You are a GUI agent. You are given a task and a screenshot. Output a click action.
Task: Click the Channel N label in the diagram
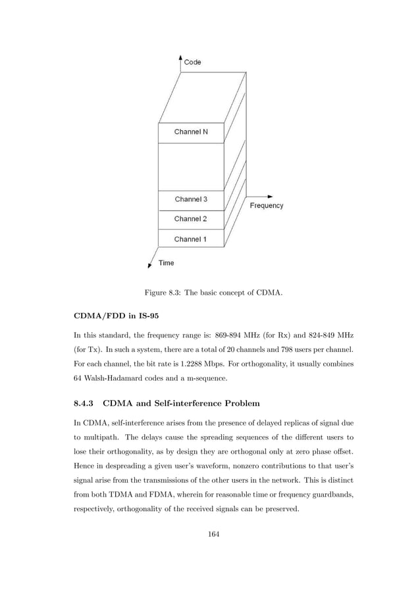click(190, 132)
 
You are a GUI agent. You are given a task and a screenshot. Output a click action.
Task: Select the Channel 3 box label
click(191, 199)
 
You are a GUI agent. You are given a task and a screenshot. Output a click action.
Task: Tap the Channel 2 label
click(190, 219)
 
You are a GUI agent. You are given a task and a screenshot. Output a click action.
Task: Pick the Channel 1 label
click(190, 239)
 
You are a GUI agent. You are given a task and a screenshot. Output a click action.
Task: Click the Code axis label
click(193, 62)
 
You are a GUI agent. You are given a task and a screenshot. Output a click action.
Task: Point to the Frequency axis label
click(267, 206)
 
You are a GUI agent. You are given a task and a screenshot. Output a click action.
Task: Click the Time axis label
click(167, 263)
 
